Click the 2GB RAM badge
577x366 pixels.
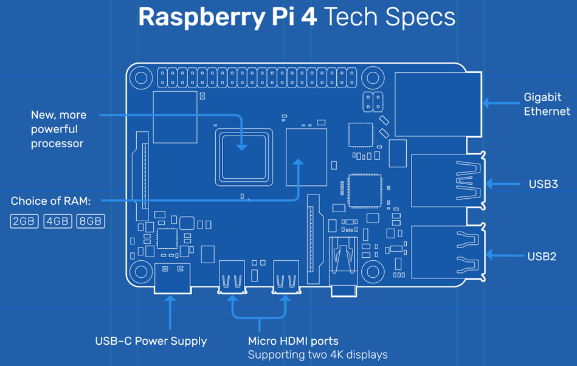tap(24, 221)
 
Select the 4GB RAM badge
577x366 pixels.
tap(57, 221)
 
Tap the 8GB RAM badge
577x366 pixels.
tap(91, 221)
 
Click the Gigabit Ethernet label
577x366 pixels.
tap(547, 104)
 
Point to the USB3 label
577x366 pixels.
tap(543, 184)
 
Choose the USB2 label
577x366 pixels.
tap(542, 257)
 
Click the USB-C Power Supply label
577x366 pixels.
tap(151, 341)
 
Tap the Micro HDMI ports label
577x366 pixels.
tap(293, 341)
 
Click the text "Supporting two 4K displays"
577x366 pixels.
tap(317, 354)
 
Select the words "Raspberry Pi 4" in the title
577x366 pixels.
tap(227, 17)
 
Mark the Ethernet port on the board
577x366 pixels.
tap(438, 105)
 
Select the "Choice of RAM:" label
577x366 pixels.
tap(50, 201)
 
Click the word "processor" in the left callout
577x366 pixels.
tap(57, 143)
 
